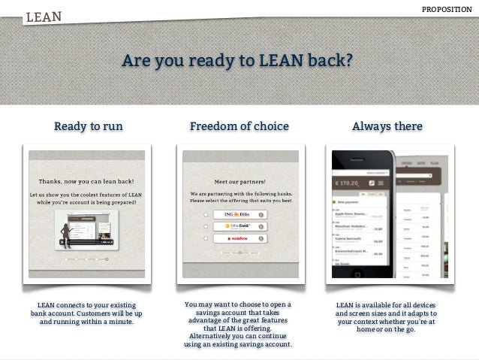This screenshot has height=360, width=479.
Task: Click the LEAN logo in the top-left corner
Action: pos(44,16)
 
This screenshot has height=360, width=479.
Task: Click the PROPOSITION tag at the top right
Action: pos(447,8)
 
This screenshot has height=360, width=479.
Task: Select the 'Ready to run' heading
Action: pos(88,126)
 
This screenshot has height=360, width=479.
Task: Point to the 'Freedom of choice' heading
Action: pos(239,126)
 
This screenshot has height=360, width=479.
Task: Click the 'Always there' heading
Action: pos(387,126)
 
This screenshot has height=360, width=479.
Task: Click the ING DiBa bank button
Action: pos(239,214)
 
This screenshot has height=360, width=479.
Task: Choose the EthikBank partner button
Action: pos(239,226)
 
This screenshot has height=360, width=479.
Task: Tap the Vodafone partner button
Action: pos(239,238)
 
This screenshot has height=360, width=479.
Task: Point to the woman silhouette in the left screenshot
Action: pos(67,234)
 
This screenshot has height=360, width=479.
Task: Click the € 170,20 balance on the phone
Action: pos(348,183)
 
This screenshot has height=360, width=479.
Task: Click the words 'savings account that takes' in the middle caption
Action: pos(238,313)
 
